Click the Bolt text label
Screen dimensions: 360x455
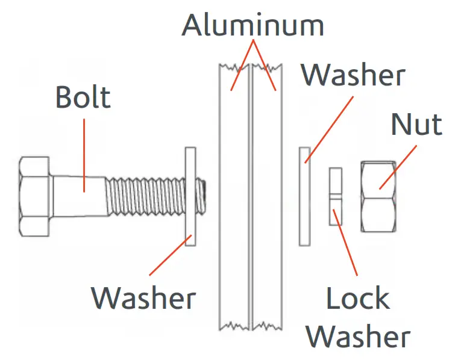pyautogui.click(x=83, y=97)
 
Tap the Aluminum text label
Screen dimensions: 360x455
pyautogui.click(x=253, y=25)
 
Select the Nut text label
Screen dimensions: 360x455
pyautogui.click(x=416, y=125)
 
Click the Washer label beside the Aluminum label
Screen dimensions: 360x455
pyautogui.click(x=353, y=75)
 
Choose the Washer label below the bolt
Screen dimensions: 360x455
pyautogui.click(x=143, y=297)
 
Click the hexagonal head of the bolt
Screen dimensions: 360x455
pyautogui.click(x=35, y=196)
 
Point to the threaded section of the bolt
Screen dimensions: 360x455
pyautogui.click(x=145, y=196)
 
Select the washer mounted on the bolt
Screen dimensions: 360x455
pyautogui.click(x=190, y=196)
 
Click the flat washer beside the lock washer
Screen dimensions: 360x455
pyautogui.click(x=304, y=196)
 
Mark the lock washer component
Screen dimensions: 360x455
pyautogui.click(x=335, y=196)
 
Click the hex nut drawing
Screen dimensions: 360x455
pyautogui.click(x=378, y=196)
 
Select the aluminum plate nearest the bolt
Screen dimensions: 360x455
pyautogui.click(x=234, y=199)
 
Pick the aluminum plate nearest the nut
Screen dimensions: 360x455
pyautogui.click(x=268, y=199)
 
